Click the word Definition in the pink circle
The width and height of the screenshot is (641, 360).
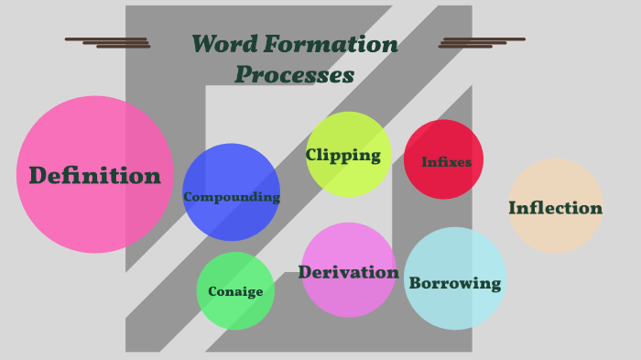[94, 175]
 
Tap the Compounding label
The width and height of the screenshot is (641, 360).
[231, 196]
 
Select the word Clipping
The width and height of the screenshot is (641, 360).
[343, 155]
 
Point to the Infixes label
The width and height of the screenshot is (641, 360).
[446, 162]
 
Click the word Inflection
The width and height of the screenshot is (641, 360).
[555, 208]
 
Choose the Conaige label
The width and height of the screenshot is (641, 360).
[235, 291]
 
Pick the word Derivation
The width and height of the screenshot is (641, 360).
[348, 272]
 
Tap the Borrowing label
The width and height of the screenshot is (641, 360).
[455, 283]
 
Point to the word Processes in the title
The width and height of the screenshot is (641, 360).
[294, 74]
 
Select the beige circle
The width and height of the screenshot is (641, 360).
[555, 179]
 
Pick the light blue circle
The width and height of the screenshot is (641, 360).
[455, 252]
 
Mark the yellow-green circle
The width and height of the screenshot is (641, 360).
[348, 128]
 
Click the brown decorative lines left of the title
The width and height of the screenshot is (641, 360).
[108, 42]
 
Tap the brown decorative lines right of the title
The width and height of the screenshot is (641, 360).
[481, 42]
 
